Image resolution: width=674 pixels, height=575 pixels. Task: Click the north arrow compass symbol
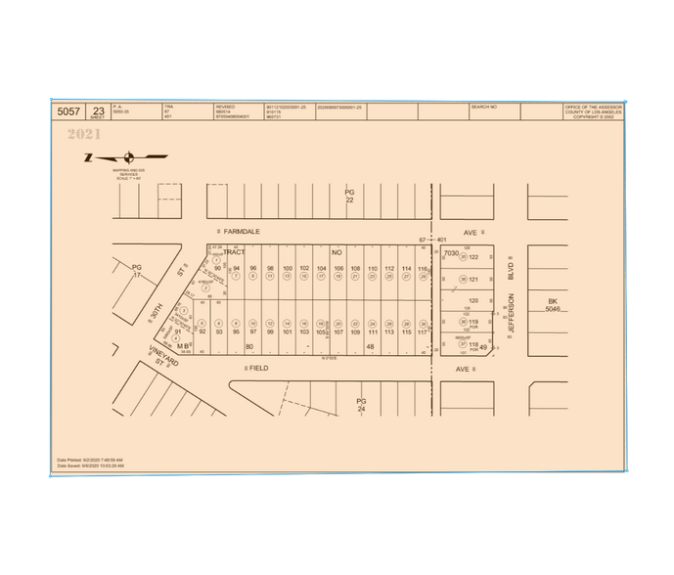[x=128, y=156]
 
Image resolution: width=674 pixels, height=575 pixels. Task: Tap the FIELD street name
[x=258, y=369]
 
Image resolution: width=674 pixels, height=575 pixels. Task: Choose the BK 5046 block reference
[x=553, y=305]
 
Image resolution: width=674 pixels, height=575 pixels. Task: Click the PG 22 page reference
[x=349, y=196]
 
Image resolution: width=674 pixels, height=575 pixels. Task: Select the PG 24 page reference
[x=361, y=405]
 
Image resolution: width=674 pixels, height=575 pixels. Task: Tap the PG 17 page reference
[x=137, y=270]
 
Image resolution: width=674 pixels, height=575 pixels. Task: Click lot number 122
[x=473, y=258]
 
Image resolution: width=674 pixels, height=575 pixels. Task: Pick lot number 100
[x=287, y=268]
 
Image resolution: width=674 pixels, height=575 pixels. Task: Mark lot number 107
[x=337, y=332]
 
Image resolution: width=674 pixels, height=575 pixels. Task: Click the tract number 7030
[x=451, y=253]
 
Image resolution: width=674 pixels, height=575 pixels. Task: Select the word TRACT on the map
[x=233, y=252]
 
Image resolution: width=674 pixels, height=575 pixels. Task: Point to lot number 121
[x=473, y=280]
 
